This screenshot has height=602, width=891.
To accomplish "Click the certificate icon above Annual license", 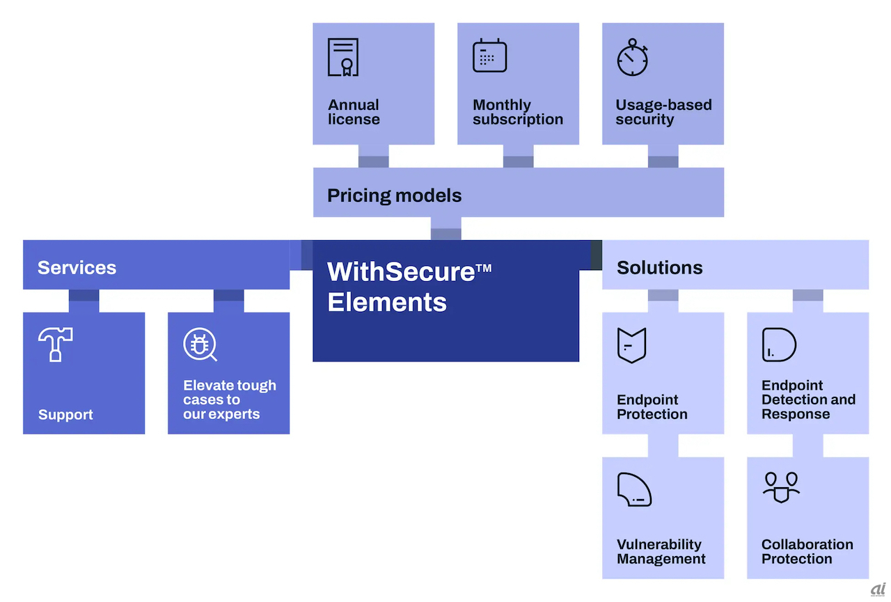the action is pos(343,57).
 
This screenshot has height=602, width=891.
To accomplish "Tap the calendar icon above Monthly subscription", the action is pos(489,55).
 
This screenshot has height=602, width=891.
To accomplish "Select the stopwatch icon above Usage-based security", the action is pos(633,57).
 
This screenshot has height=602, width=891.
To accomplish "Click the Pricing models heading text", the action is pos(394,196).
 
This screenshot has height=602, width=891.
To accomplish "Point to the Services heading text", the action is pos(77,268).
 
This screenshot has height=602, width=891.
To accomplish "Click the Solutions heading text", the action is pos(659,268).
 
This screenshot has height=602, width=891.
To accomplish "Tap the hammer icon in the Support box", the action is pos(55,344).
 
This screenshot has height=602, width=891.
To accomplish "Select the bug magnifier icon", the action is pos(200,344).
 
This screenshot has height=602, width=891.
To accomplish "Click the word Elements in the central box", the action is pos(387,302).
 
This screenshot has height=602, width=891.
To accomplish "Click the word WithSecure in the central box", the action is pos(401,271).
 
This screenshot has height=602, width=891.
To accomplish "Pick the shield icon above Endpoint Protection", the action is pos(631,345).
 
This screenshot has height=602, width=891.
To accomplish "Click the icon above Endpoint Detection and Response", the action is pos(779,344).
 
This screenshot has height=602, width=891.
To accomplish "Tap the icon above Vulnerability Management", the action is pos(634,489).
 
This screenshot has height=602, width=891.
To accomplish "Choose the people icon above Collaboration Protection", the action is pos(781,487).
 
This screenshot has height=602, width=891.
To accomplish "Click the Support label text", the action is pos(65,415).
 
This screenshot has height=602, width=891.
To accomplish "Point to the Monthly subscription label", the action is pos(517,112).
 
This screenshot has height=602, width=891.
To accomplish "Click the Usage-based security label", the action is pos(663,112).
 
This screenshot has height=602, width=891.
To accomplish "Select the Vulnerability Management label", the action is pos(661,551).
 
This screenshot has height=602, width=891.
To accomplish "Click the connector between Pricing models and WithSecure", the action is pos(446,229).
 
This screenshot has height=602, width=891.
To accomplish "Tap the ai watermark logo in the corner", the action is pos(878,590).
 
